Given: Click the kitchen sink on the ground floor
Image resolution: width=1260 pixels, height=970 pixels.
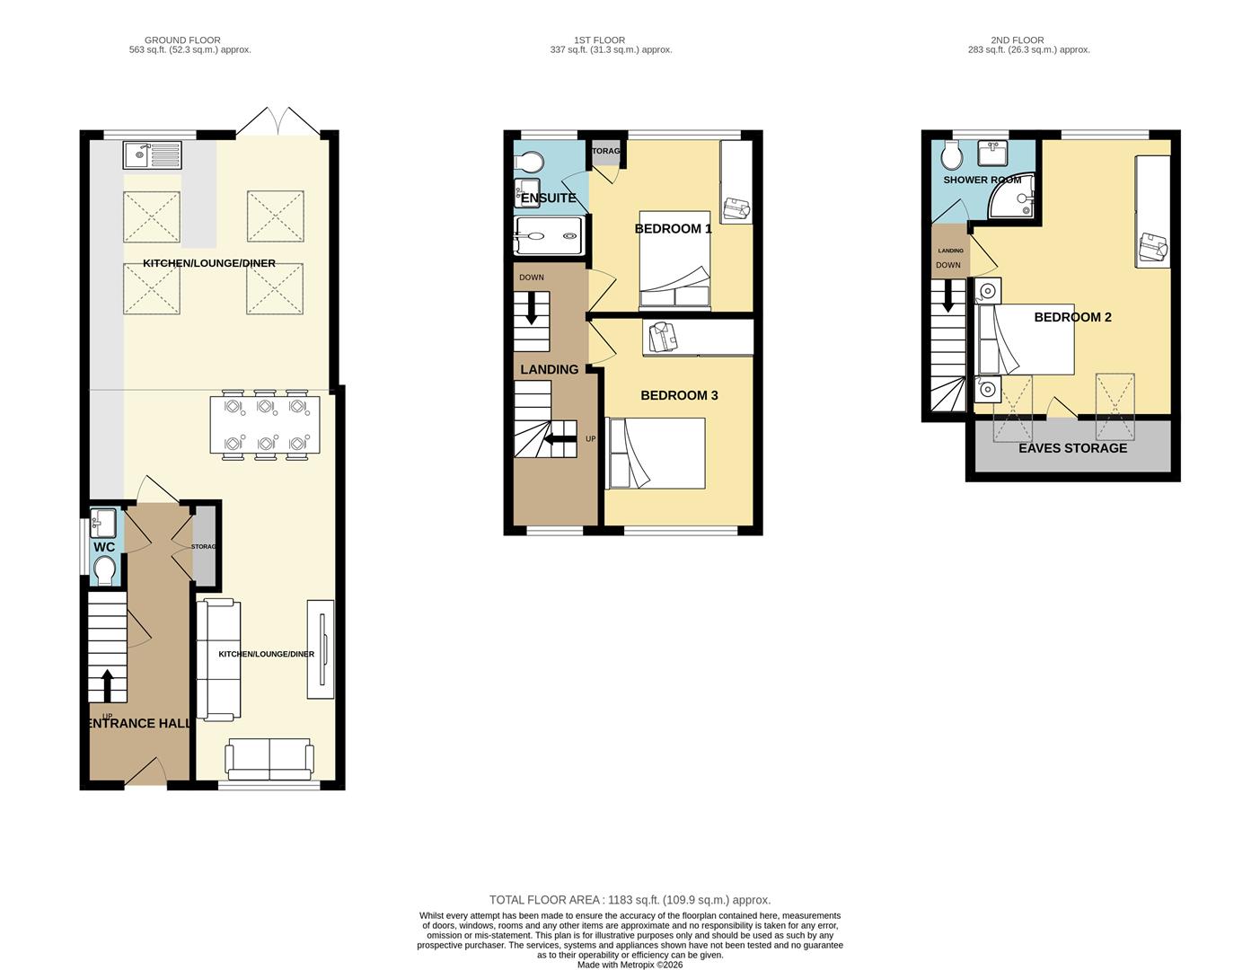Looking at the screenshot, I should tap(152, 155).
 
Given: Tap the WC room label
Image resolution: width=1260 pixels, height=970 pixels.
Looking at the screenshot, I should tap(104, 547).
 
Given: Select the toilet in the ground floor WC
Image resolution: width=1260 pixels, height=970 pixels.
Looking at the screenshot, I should tap(105, 569).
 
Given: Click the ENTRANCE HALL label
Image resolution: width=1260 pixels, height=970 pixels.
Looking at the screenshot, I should tap(139, 723).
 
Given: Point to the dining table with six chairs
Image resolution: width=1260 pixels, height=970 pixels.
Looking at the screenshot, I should tap(265, 425).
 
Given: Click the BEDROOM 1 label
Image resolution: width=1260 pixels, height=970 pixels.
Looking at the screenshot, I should tap(673, 229).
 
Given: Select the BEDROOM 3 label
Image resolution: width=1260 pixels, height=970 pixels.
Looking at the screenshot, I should tap(679, 395).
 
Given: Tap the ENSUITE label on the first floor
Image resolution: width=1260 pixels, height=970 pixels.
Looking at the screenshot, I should tap(549, 198).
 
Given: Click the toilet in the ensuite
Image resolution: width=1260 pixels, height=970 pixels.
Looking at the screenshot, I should tap(530, 162).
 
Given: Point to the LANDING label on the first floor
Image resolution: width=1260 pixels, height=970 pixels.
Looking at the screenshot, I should tap(550, 369).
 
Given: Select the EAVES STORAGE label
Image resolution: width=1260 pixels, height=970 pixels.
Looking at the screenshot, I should tap(1072, 448).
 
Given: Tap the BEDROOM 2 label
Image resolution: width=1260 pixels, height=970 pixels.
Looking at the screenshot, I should tap(1072, 317).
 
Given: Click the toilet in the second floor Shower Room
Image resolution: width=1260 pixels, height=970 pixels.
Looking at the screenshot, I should tap(952, 157).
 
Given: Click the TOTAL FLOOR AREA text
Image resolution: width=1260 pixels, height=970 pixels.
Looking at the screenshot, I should tap(630, 900).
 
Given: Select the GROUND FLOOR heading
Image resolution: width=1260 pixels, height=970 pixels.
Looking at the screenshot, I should tap(182, 40).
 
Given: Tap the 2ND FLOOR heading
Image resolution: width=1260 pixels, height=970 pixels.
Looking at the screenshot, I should tap(1017, 40).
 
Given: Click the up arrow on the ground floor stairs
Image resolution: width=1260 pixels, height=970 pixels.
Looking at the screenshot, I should tap(108, 685).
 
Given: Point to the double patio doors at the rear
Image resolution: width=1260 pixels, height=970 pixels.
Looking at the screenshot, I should tap(278, 122).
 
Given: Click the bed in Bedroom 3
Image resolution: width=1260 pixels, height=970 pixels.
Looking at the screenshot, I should tap(656, 454).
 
